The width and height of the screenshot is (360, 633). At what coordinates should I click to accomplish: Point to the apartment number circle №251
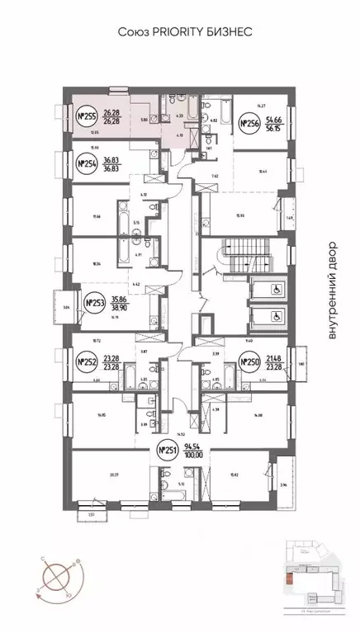coord(168,450)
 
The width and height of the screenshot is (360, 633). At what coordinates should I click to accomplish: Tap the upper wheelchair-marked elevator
coord(276,290)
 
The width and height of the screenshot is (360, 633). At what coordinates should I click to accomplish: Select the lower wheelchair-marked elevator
coord(276,315)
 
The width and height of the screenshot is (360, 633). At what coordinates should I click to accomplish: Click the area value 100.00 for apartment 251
coord(195,455)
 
